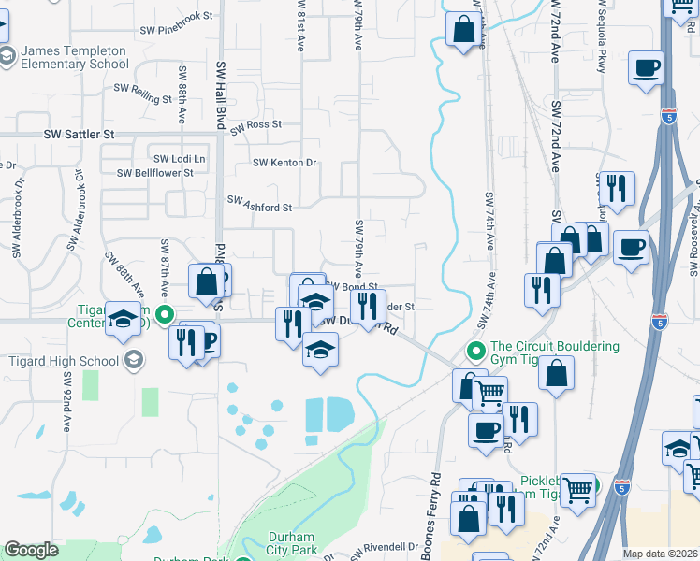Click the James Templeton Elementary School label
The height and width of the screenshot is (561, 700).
point(74,57)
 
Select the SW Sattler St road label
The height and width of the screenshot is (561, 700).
point(79,135)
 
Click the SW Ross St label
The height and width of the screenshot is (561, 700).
point(256,125)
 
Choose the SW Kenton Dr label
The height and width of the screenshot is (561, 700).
point(285,163)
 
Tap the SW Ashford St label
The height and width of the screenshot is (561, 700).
point(261,203)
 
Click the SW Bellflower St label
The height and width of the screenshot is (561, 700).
point(155,173)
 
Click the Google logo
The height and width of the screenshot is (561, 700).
point(32,550)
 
